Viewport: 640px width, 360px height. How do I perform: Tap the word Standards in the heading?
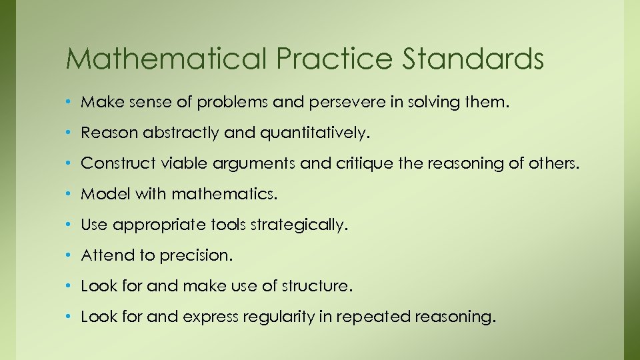tap(473, 59)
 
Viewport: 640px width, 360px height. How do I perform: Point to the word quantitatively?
tap(313, 133)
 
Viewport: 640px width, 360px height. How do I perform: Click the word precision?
tap(198, 255)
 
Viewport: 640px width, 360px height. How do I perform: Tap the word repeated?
tap(377, 317)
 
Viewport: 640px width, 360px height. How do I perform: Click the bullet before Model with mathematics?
tap(70, 195)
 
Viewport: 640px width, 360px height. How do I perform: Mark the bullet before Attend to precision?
tap(70, 256)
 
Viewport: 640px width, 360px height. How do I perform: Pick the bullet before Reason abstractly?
tap(70, 133)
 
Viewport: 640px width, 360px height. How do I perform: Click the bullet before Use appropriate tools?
tap(70, 225)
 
